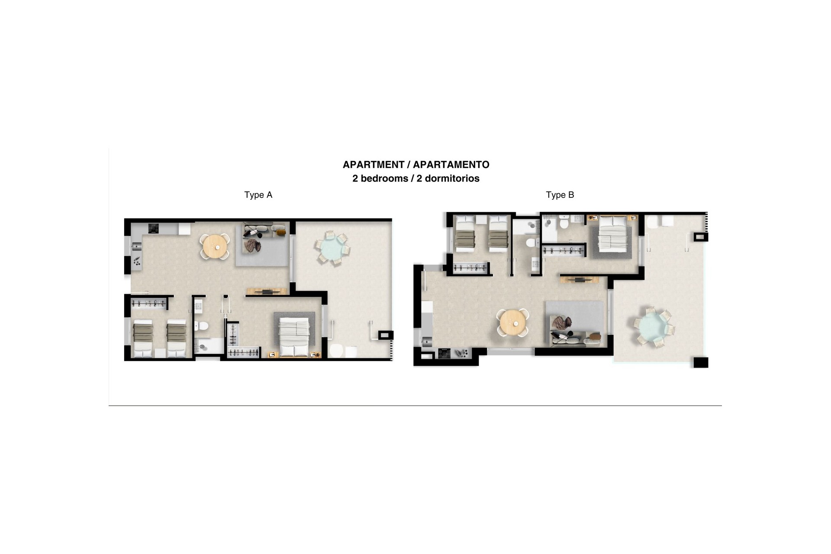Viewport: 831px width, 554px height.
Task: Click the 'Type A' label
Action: pyautogui.click(x=258, y=195)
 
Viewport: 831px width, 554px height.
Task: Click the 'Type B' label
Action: pyautogui.click(x=560, y=195)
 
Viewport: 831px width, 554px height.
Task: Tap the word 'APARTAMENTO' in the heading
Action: pyautogui.click(x=451, y=164)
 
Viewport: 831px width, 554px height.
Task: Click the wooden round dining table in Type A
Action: pyautogui.click(x=216, y=247)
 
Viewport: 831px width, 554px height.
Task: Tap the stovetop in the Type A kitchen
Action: pyautogui.click(x=154, y=228)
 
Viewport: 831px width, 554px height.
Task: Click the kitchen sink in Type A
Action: pyautogui.click(x=136, y=247)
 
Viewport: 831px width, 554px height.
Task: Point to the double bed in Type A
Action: pyautogui.click(x=294, y=337)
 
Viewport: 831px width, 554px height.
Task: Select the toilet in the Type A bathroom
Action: pyautogui.click(x=201, y=325)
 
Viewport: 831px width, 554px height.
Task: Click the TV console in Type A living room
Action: pyautogui.click(x=267, y=291)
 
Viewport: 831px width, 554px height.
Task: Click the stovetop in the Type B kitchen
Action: pyautogui.click(x=444, y=353)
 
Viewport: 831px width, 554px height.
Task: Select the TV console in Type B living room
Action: pyautogui.click(x=580, y=280)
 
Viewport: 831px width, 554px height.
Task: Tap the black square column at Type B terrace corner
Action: pyautogui.click(x=701, y=362)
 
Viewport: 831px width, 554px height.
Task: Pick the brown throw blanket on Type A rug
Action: pyautogui.click(x=252, y=246)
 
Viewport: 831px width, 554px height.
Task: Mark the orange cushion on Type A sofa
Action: pyautogui.click(x=281, y=232)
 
